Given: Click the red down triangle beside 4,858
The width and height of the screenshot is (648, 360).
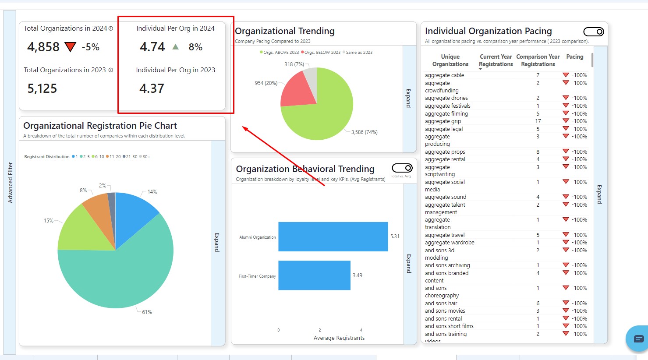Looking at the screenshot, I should [70, 47].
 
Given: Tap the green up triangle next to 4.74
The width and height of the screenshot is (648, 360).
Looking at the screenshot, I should [176, 47].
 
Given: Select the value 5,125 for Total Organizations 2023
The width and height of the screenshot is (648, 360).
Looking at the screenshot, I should [42, 89].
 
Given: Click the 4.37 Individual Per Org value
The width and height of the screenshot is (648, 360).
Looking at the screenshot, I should [152, 88].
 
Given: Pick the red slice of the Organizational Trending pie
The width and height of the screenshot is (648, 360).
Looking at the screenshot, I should [297, 90].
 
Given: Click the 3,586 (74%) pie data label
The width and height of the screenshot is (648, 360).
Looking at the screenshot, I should [364, 132].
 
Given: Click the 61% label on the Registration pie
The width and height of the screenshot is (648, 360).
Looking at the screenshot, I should [147, 312].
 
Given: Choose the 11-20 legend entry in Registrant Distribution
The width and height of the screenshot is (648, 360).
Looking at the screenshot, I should [114, 157].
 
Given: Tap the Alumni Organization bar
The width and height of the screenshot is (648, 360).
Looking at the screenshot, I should [333, 236].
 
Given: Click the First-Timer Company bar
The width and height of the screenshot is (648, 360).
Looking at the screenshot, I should [314, 275].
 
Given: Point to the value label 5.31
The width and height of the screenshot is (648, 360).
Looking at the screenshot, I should [395, 236].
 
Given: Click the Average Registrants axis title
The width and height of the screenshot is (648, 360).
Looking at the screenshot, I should [339, 338].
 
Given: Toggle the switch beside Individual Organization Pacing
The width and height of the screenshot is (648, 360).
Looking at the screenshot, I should [594, 32].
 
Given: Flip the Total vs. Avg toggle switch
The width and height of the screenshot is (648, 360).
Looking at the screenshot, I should [402, 168].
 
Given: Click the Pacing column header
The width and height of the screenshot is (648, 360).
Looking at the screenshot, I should [574, 57].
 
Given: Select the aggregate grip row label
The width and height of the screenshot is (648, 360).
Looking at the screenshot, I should [443, 121].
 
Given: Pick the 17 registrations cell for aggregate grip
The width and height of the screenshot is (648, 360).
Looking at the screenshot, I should [538, 121].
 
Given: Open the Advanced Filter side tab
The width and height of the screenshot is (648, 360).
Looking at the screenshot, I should [10, 183].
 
